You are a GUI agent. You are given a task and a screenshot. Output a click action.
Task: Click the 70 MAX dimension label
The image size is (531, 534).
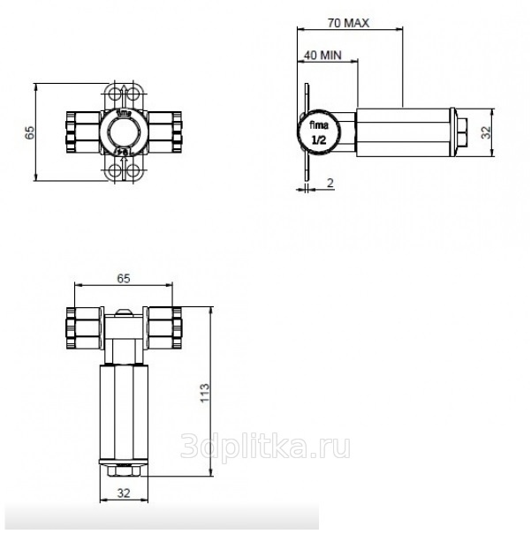pyautogui.click(x=348, y=23)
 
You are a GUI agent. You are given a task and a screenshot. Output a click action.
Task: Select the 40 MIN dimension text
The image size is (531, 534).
pyautogui.click(x=322, y=56)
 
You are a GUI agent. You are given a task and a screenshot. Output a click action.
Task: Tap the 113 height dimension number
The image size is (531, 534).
pyautogui.click(x=205, y=393)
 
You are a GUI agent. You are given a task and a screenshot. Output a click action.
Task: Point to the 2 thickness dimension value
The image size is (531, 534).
pyautogui.click(x=330, y=183)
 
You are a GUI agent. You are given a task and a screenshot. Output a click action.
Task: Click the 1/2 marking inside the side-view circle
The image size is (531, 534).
pyautogui.click(x=319, y=140)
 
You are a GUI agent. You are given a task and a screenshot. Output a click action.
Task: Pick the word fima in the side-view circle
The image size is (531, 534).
pyautogui.click(x=319, y=125)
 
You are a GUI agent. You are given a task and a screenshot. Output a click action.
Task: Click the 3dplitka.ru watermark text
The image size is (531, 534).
pyautogui.click(x=265, y=446)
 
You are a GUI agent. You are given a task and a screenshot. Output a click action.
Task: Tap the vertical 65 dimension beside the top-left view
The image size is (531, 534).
pyautogui.click(x=30, y=132)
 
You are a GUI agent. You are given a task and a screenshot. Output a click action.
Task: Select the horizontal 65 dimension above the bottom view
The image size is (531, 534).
pyautogui.click(x=124, y=279)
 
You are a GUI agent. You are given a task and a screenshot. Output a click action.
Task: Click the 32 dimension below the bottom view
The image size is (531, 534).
pyautogui.click(x=124, y=493)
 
